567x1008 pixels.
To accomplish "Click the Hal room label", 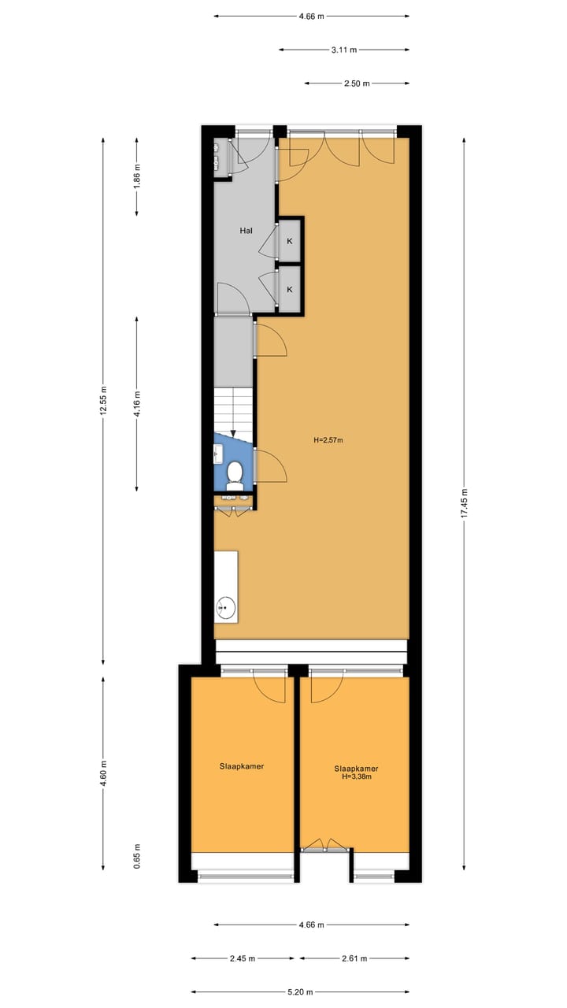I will (245, 232).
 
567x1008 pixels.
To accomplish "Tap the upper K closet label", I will (290, 241).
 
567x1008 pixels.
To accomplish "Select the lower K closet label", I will (290, 290).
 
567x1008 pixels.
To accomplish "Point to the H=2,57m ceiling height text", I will (328, 440).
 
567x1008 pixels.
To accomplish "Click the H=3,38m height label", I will (356, 776).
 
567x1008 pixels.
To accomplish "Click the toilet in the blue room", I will (234, 473).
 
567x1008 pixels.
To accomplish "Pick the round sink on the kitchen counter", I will (226, 606).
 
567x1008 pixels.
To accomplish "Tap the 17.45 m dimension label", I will (464, 502).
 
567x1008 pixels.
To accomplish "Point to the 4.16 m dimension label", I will (137, 403).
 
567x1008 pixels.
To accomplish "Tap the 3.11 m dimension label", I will (343, 50).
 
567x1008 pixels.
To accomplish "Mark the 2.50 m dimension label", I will (357, 83).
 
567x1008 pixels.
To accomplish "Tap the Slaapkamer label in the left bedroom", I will (242, 765).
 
